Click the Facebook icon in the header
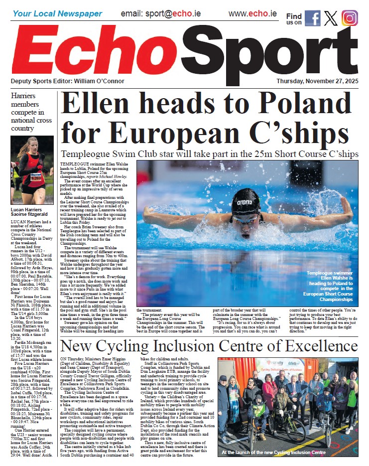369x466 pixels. point(312,18)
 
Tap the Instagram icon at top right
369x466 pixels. point(350,18)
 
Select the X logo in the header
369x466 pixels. point(331,18)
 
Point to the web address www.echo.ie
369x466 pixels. point(252,13)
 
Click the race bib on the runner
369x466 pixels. point(36,177)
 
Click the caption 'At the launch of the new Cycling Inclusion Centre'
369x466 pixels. point(280,453)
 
